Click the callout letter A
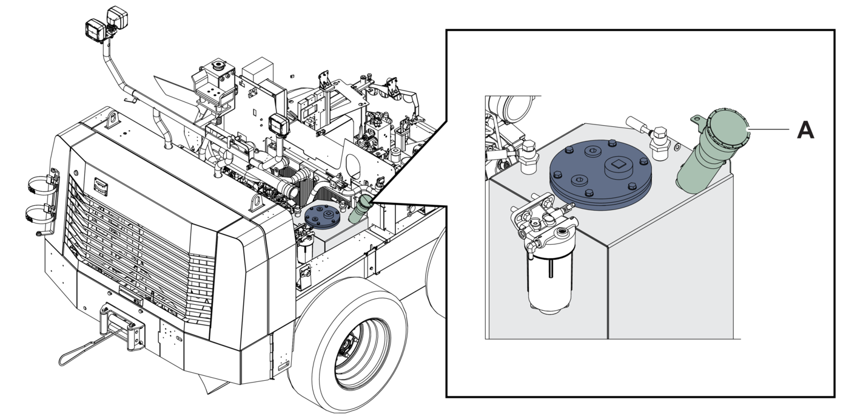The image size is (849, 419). [805, 130]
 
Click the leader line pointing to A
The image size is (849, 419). [769, 129]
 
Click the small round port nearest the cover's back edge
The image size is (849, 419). [592, 151]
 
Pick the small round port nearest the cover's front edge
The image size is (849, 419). [580, 180]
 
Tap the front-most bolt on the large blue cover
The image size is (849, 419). [588, 193]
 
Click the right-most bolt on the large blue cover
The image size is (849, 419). [644, 162]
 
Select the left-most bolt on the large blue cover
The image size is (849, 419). [557, 174]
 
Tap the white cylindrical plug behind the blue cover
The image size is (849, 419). [637, 124]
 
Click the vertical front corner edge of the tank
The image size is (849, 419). [608, 291]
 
